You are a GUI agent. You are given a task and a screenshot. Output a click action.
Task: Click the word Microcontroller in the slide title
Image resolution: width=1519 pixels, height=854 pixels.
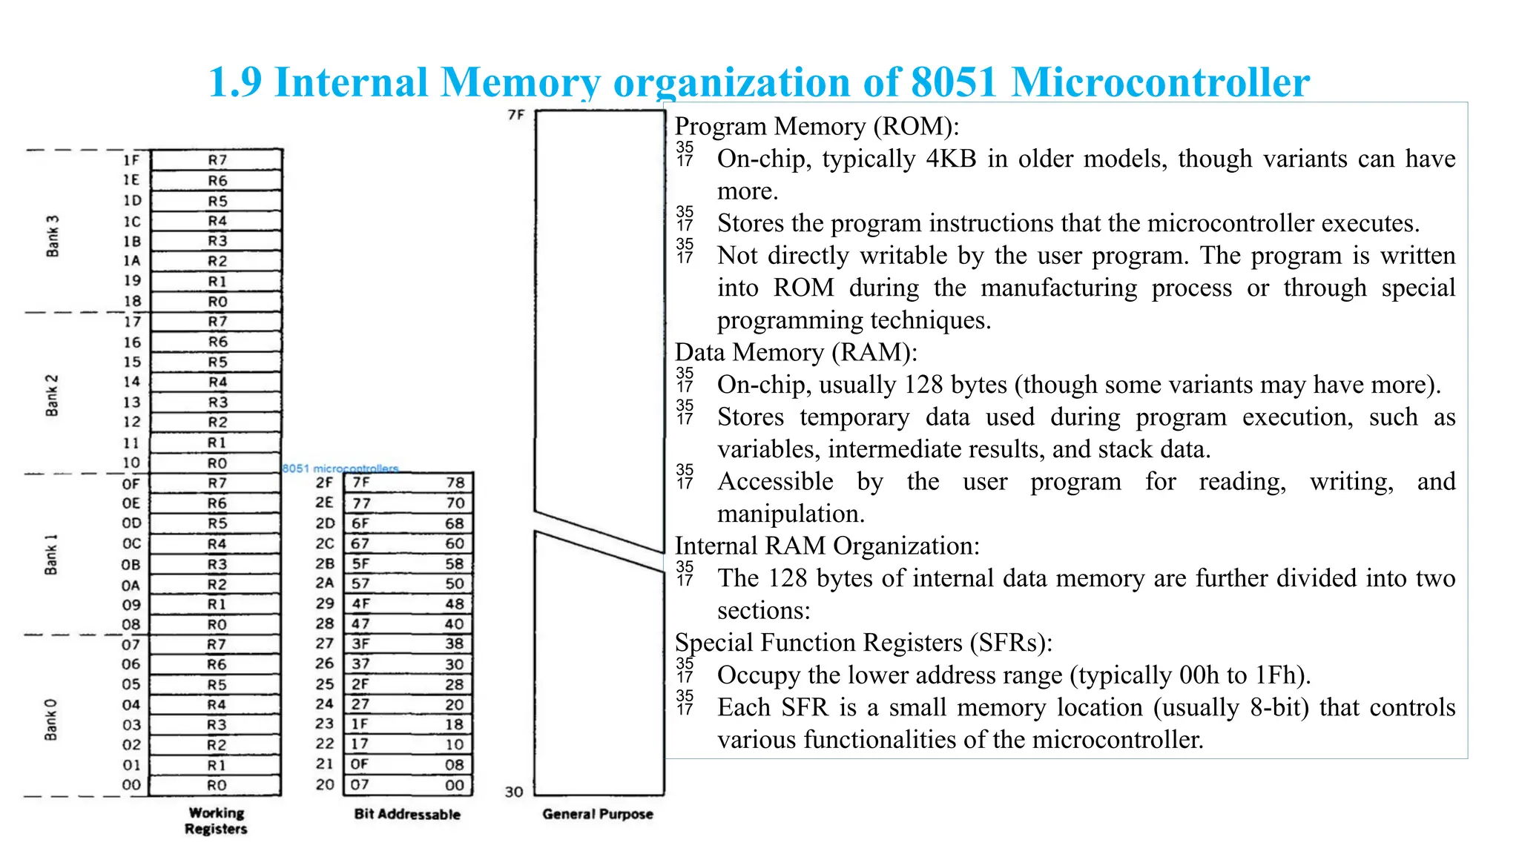tap(1160, 82)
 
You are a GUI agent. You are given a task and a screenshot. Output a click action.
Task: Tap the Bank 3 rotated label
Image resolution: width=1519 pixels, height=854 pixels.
tap(52, 236)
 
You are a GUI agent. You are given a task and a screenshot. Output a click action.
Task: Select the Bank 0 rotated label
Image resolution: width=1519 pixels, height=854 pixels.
tap(50, 719)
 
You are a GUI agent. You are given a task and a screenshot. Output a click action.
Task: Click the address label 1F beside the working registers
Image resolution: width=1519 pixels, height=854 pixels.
tap(131, 160)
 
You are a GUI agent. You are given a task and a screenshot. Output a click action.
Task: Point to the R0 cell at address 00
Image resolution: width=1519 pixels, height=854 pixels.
tap(217, 785)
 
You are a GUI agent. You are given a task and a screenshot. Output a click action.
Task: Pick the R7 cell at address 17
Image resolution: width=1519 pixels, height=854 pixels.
tap(217, 322)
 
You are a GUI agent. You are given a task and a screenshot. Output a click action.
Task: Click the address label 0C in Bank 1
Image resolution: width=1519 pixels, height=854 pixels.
tap(131, 543)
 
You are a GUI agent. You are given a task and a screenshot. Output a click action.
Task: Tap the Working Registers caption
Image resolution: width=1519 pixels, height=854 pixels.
tap(216, 821)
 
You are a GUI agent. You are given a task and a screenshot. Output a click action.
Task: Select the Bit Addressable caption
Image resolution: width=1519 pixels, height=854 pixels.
tap(407, 814)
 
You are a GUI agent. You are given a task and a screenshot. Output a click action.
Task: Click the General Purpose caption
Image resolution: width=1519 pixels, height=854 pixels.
tap(598, 814)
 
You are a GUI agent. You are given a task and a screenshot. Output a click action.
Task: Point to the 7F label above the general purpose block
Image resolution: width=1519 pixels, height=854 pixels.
tap(515, 115)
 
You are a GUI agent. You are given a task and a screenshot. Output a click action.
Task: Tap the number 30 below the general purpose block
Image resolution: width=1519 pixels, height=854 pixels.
tap(514, 792)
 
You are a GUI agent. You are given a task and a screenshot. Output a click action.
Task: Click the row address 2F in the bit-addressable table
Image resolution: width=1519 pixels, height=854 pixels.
tap(324, 483)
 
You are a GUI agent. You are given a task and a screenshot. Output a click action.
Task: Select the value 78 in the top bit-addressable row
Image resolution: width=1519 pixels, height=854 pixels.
tap(455, 483)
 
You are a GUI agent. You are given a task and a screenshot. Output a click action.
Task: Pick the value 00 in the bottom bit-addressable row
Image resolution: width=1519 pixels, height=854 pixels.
tap(455, 785)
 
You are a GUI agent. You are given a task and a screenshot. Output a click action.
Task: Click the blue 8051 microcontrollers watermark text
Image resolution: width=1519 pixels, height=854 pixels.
tap(340, 469)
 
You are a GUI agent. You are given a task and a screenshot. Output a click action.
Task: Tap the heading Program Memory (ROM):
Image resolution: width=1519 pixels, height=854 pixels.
tap(817, 127)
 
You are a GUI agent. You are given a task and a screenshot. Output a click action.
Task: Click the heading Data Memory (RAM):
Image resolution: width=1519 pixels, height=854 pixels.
tap(796, 352)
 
